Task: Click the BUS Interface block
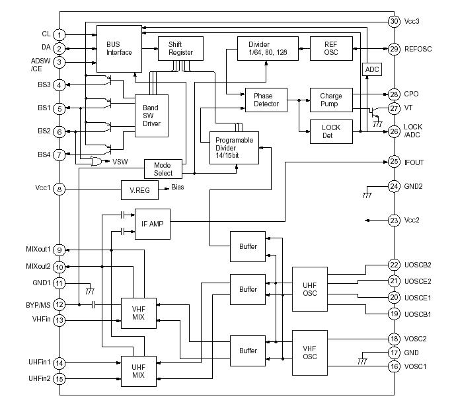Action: (x=119, y=48)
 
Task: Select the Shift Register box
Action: (x=180, y=48)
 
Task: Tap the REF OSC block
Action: (x=330, y=49)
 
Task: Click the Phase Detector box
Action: (x=267, y=100)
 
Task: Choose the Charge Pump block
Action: (x=326, y=100)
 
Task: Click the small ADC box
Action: (x=371, y=69)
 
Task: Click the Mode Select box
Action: (x=163, y=169)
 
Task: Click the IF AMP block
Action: (x=153, y=224)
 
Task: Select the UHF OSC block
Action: (x=309, y=289)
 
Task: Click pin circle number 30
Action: (x=394, y=21)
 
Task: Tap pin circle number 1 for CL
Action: (x=59, y=34)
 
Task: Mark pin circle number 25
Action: (x=394, y=161)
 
